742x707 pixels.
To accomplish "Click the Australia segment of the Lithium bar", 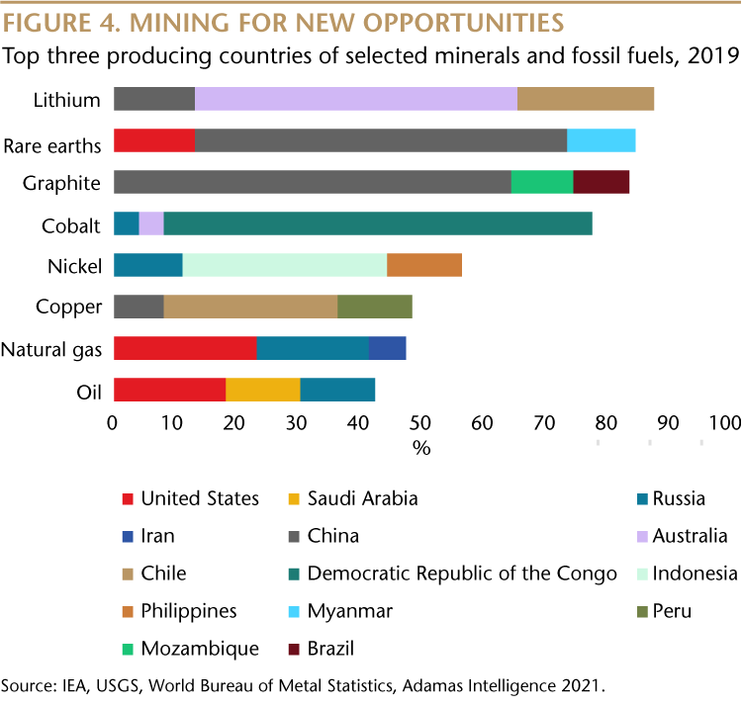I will [356, 99].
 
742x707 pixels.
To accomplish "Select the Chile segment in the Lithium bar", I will [586, 99].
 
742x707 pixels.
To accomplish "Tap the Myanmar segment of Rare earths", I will [601, 140].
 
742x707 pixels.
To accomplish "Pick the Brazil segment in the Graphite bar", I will [602, 182].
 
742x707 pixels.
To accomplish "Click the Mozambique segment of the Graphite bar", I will [542, 182].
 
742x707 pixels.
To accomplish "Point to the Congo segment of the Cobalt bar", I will [378, 223].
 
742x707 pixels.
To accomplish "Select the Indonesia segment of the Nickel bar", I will [285, 265].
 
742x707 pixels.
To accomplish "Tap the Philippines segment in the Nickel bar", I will [424, 265].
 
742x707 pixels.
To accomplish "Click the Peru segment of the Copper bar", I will [375, 307].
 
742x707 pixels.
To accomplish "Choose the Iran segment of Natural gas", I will [388, 348].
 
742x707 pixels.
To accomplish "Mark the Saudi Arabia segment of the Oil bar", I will [263, 390].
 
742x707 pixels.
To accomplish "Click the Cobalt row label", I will [71, 225].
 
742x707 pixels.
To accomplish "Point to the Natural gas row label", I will [51, 349].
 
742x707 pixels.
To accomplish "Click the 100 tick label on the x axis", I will [724, 423].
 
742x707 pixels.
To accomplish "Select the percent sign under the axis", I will [421, 447].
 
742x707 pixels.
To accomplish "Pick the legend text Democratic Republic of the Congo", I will [462, 574].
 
